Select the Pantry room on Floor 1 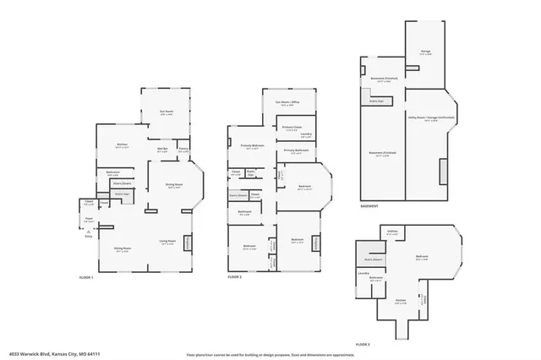click(183, 150)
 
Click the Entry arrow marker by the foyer click(89, 235)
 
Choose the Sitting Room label click(122, 249)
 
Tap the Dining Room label click(175, 186)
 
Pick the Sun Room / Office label click(289, 102)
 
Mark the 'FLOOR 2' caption click(236, 277)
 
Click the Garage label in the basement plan click(425, 51)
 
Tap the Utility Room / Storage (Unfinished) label click(431, 118)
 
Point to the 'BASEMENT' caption click(369, 206)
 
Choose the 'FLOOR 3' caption click(364, 344)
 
